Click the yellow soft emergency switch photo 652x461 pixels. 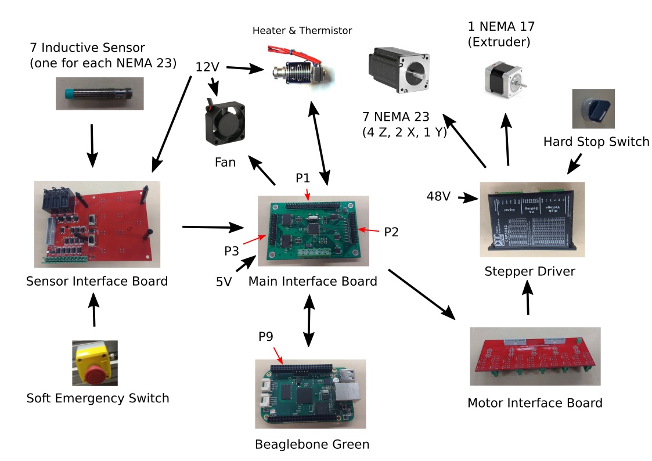[95, 363]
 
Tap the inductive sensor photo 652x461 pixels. [99, 93]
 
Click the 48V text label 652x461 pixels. [439, 197]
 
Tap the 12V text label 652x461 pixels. [207, 67]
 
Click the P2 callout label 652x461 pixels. [391, 232]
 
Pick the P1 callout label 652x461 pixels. [303, 178]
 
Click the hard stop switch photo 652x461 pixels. [593, 109]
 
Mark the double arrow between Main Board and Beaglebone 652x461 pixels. [309, 320]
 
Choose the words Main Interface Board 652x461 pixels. [312, 282]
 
